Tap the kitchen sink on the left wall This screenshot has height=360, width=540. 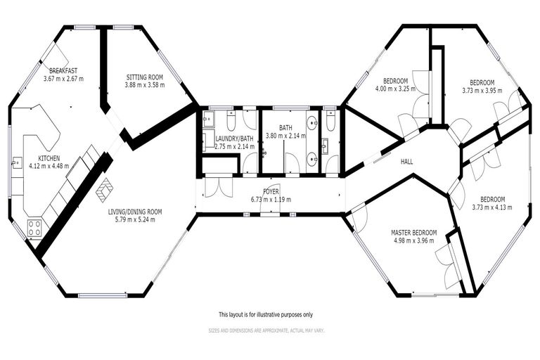(15, 162)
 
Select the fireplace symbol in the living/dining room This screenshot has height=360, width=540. (105, 189)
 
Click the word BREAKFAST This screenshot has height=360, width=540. (63, 70)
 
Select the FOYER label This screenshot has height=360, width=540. (271, 191)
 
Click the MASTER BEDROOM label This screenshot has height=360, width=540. (414, 233)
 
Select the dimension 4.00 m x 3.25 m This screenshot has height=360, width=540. (394, 89)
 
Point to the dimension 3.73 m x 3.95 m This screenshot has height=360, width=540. (482, 89)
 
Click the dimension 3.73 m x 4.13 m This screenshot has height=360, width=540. (492, 207)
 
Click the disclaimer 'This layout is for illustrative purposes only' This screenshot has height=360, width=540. (265, 314)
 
